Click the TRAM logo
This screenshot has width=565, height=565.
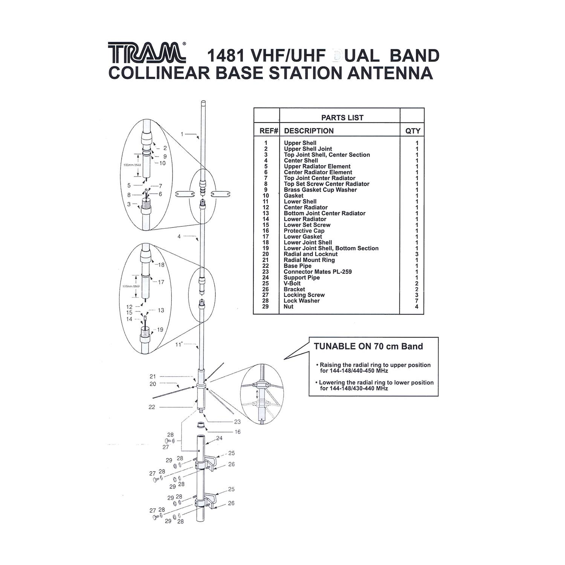tap(147, 52)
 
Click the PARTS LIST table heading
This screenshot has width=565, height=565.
tap(342, 118)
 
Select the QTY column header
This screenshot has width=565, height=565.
tap(412, 131)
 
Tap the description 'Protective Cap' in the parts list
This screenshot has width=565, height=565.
tap(304, 231)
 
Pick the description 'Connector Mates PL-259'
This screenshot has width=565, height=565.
tap(318, 272)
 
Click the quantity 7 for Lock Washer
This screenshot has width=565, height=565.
tap(417, 301)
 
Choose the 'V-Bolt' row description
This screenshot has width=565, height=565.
tap(292, 283)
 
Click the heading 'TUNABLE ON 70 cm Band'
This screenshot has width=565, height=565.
tap(368, 346)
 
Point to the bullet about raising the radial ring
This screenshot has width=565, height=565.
tap(374, 368)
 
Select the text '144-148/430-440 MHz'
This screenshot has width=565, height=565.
tap(354, 388)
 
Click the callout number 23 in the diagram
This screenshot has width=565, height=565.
tap(237, 422)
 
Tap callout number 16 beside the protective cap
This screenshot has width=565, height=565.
tap(237, 432)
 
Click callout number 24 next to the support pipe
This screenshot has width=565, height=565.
tap(219, 438)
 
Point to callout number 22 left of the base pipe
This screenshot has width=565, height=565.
tap(152, 407)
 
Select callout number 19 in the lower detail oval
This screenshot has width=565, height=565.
tap(160, 330)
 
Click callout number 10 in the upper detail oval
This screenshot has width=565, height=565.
tap(162, 163)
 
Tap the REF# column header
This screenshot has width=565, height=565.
tap(269, 131)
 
